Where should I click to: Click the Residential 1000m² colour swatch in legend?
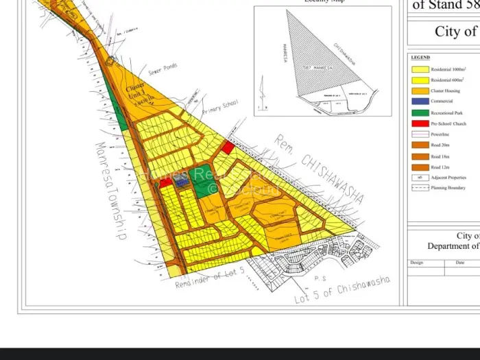coord(420,69)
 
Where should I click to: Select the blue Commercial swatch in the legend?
coord(420,101)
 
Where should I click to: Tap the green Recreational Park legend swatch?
coord(420,112)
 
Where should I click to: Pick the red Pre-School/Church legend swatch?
coord(420,123)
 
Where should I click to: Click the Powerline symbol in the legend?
coord(420,134)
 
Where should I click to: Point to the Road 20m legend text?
coord(440,145)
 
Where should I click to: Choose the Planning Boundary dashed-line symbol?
coord(420,187)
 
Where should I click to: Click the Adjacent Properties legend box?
coord(420,177)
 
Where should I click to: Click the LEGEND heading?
coord(420,58)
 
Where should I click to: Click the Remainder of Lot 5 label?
coord(210,276)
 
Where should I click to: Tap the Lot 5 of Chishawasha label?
coord(343,290)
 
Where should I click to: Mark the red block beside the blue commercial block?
coord(166,182)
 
